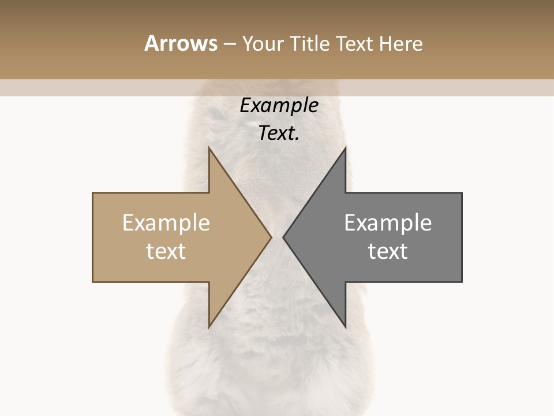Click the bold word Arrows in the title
tap(181, 43)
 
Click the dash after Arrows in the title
tap(229, 44)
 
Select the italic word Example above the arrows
tap(279, 106)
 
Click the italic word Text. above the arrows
tap(279, 133)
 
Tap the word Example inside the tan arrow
tap(166, 223)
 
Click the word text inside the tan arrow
tap(166, 251)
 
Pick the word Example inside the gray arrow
tap(388, 223)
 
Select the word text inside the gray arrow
tap(388, 251)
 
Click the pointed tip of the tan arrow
tap(270, 237)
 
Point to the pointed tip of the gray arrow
tap(284, 237)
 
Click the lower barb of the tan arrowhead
tap(209, 325)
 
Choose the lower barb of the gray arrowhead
tap(345, 325)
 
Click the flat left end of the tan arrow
tap(93, 237)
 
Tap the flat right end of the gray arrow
tap(461, 237)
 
